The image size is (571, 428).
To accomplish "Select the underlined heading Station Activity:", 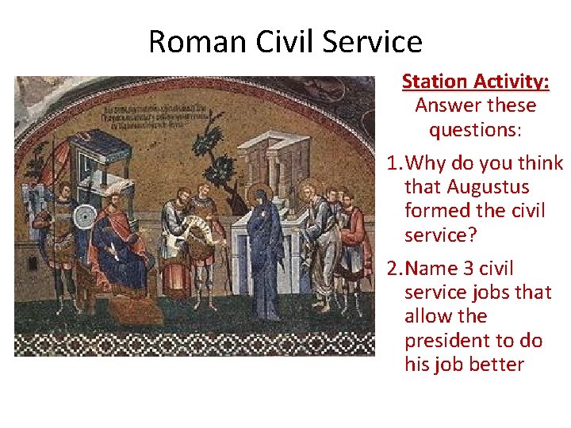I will [475, 82].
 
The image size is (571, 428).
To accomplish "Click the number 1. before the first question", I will [394, 163].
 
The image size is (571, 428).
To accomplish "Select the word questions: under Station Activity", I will [475, 129].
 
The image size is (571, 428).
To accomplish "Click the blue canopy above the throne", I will [98, 151].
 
